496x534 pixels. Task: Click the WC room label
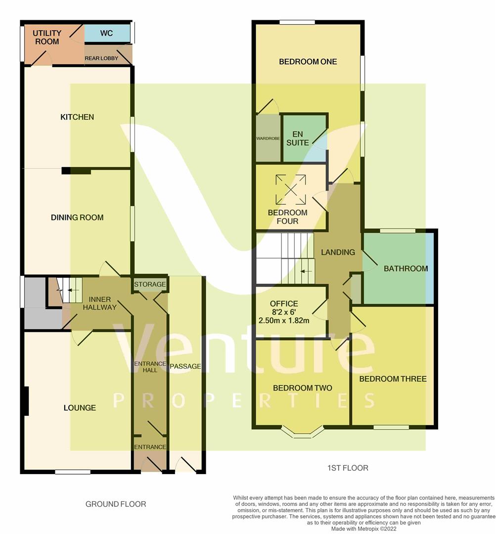point(106,33)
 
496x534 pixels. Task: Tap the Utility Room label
point(47,37)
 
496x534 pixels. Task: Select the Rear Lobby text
point(101,58)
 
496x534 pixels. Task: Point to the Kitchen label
point(77,117)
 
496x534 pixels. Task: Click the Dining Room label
point(77,217)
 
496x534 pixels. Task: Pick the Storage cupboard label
point(150,284)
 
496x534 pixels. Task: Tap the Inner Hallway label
point(99,303)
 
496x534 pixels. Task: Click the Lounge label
point(80,407)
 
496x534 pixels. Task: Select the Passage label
point(185,366)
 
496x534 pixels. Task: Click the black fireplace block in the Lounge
point(26,401)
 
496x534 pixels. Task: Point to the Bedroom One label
point(308,62)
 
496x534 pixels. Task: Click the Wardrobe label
point(268,138)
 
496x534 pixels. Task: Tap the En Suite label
point(298,138)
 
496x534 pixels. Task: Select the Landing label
point(338,252)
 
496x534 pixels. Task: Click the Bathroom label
point(406,268)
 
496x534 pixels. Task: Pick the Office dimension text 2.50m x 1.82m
point(284,320)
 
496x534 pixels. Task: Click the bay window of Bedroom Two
point(303,432)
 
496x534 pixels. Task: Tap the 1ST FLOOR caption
point(348,468)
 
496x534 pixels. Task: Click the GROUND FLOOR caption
point(116,504)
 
